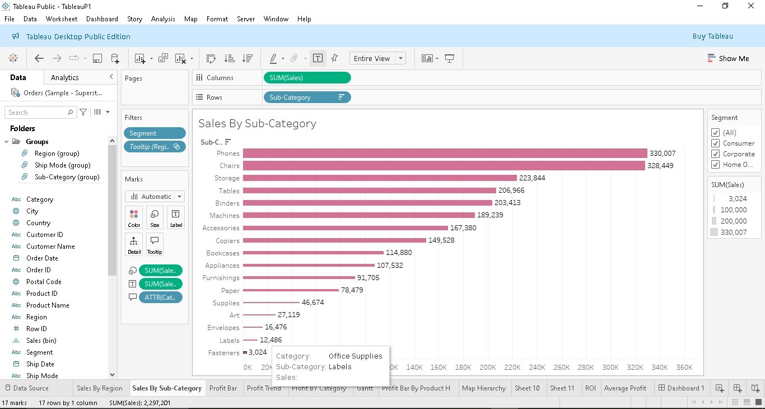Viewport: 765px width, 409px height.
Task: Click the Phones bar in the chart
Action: coord(445,154)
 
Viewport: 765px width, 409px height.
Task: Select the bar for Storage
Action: coord(380,178)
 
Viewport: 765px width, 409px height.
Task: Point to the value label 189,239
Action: coord(490,215)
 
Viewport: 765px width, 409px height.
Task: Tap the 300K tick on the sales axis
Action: coord(610,368)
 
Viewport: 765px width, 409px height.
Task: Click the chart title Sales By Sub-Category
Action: coord(257,124)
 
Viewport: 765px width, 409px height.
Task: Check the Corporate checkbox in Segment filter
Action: coord(715,154)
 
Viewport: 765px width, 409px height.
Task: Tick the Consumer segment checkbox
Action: coord(715,143)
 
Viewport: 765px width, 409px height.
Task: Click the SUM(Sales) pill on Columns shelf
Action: coord(307,78)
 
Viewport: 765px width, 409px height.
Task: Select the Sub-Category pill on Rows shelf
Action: coord(307,97)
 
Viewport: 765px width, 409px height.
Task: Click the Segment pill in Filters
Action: coord(155,133)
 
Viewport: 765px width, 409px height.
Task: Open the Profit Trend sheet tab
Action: coord(264,388)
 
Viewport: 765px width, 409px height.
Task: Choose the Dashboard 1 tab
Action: coord(681,388)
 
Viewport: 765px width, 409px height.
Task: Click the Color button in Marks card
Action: coord(134,218)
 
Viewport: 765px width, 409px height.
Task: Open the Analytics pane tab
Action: coord(65,78)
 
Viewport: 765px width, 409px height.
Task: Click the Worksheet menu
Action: coord(62,19)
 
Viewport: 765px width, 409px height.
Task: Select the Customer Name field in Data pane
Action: coord(50,247)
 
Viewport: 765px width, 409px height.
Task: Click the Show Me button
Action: coord(728,59)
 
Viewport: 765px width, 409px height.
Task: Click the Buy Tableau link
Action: coord(712,36)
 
